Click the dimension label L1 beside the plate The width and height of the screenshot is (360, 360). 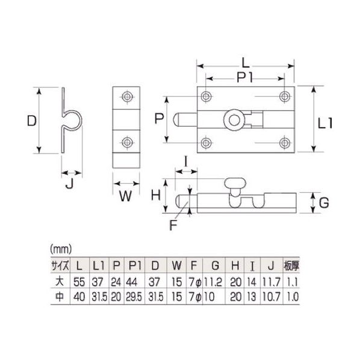coord(325,123)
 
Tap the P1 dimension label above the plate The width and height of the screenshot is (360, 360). coord(245,78)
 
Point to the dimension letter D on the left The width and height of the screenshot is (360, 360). coord(32,120)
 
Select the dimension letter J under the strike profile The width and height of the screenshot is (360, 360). coord(70,184)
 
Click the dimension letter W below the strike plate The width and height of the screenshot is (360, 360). coord(126,196)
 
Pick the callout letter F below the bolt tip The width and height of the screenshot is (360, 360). coord(173,225)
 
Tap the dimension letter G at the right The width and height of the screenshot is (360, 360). coord(324,203)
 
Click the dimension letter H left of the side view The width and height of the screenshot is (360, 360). coord(156,196)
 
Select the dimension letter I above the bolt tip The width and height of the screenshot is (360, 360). coord(186,161)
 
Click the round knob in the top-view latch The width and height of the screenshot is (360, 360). coord(234,120)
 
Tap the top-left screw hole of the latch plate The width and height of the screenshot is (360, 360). coord(206,96)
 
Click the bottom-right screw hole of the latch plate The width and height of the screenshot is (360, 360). coord(285,143)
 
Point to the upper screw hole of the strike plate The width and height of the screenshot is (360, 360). coord(127,96)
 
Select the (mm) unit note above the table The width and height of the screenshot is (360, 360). coord(61,249)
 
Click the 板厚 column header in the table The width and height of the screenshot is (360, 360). coord(291,266)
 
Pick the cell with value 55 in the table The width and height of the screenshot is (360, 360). coord(79,282)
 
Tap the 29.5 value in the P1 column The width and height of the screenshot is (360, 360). coord(134,297)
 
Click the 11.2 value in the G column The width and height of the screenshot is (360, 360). coord(213,282)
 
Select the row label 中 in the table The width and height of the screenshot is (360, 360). coord(60,297)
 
